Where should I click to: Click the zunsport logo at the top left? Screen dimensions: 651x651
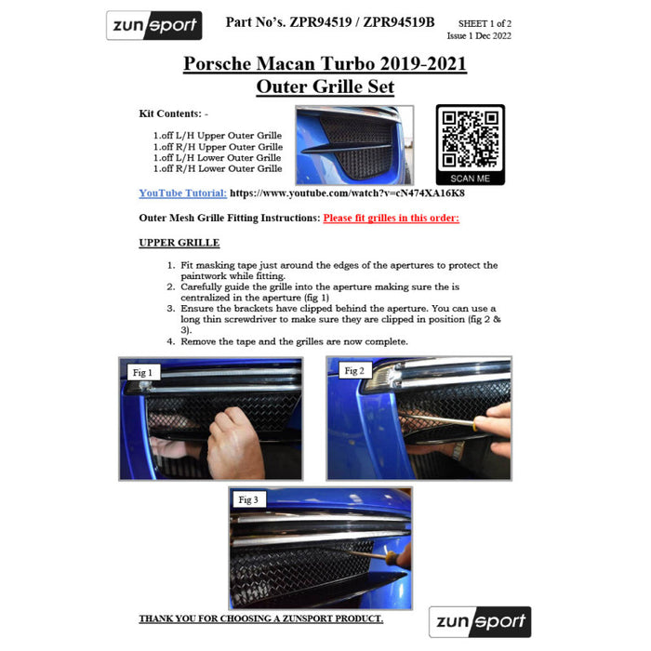pyautogui.click(x=154, y=25)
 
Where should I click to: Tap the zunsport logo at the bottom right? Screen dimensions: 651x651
pyautogui.click(x=480, y=621)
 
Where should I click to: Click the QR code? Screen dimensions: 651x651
pyautogui.click(x=471, y=139)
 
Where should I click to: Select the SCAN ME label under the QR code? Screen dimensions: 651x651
pyautogui.click(x=470, y=179)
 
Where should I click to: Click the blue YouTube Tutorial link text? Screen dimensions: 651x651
pyautogui.click(x=182, y=193)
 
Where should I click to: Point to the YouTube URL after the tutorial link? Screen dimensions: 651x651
pyautogui.click(x=347, y=193)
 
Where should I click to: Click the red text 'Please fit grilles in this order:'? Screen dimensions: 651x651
pyautogui.click(x=392, y=218)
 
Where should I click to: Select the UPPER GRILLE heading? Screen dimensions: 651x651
pyautogui.click(x=179, y=243)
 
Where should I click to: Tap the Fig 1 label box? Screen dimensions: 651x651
pyautogui.click(x=143, y=372)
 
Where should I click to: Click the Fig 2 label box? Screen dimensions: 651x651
pyautogui.click(x=354, y=371)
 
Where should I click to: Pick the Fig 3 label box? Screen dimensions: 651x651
pyautogui.click(x=248, y=499)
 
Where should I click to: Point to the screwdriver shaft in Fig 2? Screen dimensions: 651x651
pyautogui.click(x=440, y=419)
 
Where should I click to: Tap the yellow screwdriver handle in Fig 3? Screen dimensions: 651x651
pyautogui.click(x=392, y=557)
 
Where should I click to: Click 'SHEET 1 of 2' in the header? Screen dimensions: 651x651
pyautogui.click(x=485, y=23)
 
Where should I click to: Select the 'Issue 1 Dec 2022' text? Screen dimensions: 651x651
pyautogui.click(x=479, y=35)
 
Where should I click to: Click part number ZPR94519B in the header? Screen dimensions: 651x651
pyautogui.click(x=399, y=22)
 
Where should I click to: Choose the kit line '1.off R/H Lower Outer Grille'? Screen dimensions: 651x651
pyautogui.click(x=218, y=168)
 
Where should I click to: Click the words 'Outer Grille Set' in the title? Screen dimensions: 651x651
pyautogui.click(x=325, y=86)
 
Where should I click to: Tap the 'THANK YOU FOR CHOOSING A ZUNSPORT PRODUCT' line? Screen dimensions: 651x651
pyautogui.click(x=261, y=618)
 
